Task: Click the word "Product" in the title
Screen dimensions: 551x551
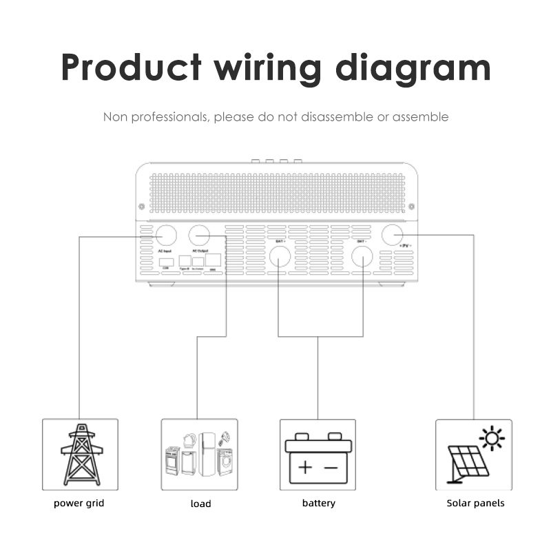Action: pos(130,67)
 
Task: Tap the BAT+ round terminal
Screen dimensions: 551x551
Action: pos(279,256)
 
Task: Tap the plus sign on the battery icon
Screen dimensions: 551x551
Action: pos(304,468)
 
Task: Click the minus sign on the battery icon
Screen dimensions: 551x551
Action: pos(331,468)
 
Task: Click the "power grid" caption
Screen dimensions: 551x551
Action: pos(79,503)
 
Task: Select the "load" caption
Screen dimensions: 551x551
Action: pos(200,503)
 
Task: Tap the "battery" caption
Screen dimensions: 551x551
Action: pos(319,503)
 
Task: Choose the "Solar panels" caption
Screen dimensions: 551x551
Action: pos(475,503)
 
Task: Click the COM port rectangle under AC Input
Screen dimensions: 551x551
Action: pos(166,262)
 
